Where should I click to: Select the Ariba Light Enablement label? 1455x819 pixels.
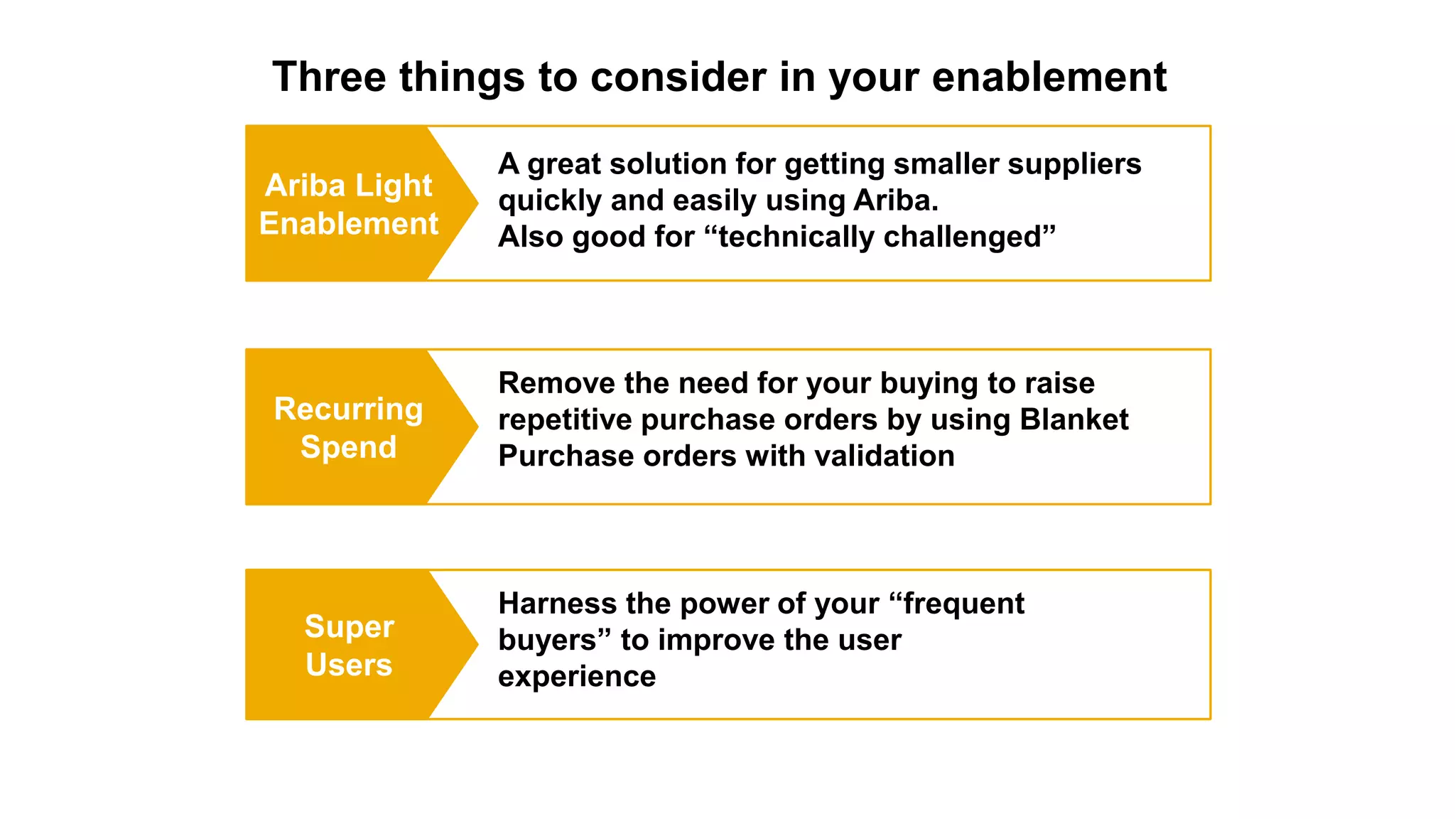[348, 204]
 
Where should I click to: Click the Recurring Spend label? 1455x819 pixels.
[348, 427]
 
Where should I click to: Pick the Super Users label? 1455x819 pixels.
[348, 645]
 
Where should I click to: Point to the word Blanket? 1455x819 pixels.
[1073, 419]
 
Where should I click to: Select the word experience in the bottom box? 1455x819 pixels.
[576, 676]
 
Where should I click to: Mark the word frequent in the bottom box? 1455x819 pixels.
[963, 604]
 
